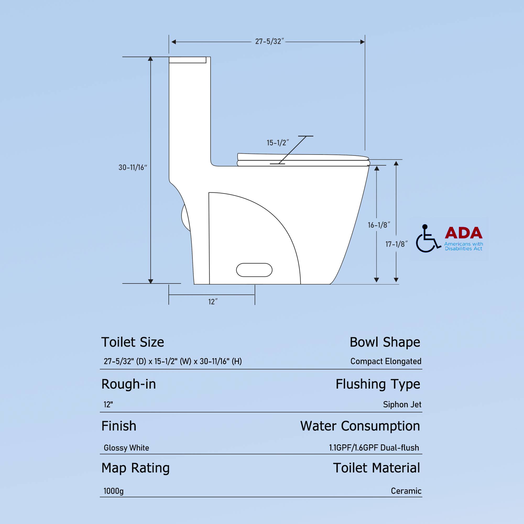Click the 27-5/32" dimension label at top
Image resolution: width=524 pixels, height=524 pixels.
(269, 41)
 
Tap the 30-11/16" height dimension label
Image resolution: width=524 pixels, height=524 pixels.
(133, 167)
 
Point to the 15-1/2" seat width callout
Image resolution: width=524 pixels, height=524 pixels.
(277, 143)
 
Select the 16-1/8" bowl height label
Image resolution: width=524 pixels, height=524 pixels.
(379, 225)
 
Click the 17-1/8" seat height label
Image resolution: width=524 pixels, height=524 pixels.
(396, 244)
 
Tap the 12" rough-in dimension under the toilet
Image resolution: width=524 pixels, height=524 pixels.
(213, 302)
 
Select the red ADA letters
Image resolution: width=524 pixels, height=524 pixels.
(463, 233)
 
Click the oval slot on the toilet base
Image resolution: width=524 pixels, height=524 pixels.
(254, 270)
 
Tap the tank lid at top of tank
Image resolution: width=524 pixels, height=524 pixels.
(187, 60)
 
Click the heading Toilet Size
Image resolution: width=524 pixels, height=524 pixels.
(133, 342)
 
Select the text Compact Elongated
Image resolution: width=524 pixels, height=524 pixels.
(386, 361)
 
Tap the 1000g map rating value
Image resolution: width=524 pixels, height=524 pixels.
(113, 491)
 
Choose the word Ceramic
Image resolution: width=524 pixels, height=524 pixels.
(406, 491)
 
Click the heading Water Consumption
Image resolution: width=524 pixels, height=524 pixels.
(360, 426)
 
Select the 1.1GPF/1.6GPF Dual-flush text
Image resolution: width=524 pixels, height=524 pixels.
(374, 447)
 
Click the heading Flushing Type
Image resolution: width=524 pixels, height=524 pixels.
(378, 384)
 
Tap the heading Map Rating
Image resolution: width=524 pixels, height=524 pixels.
(135, 468)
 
